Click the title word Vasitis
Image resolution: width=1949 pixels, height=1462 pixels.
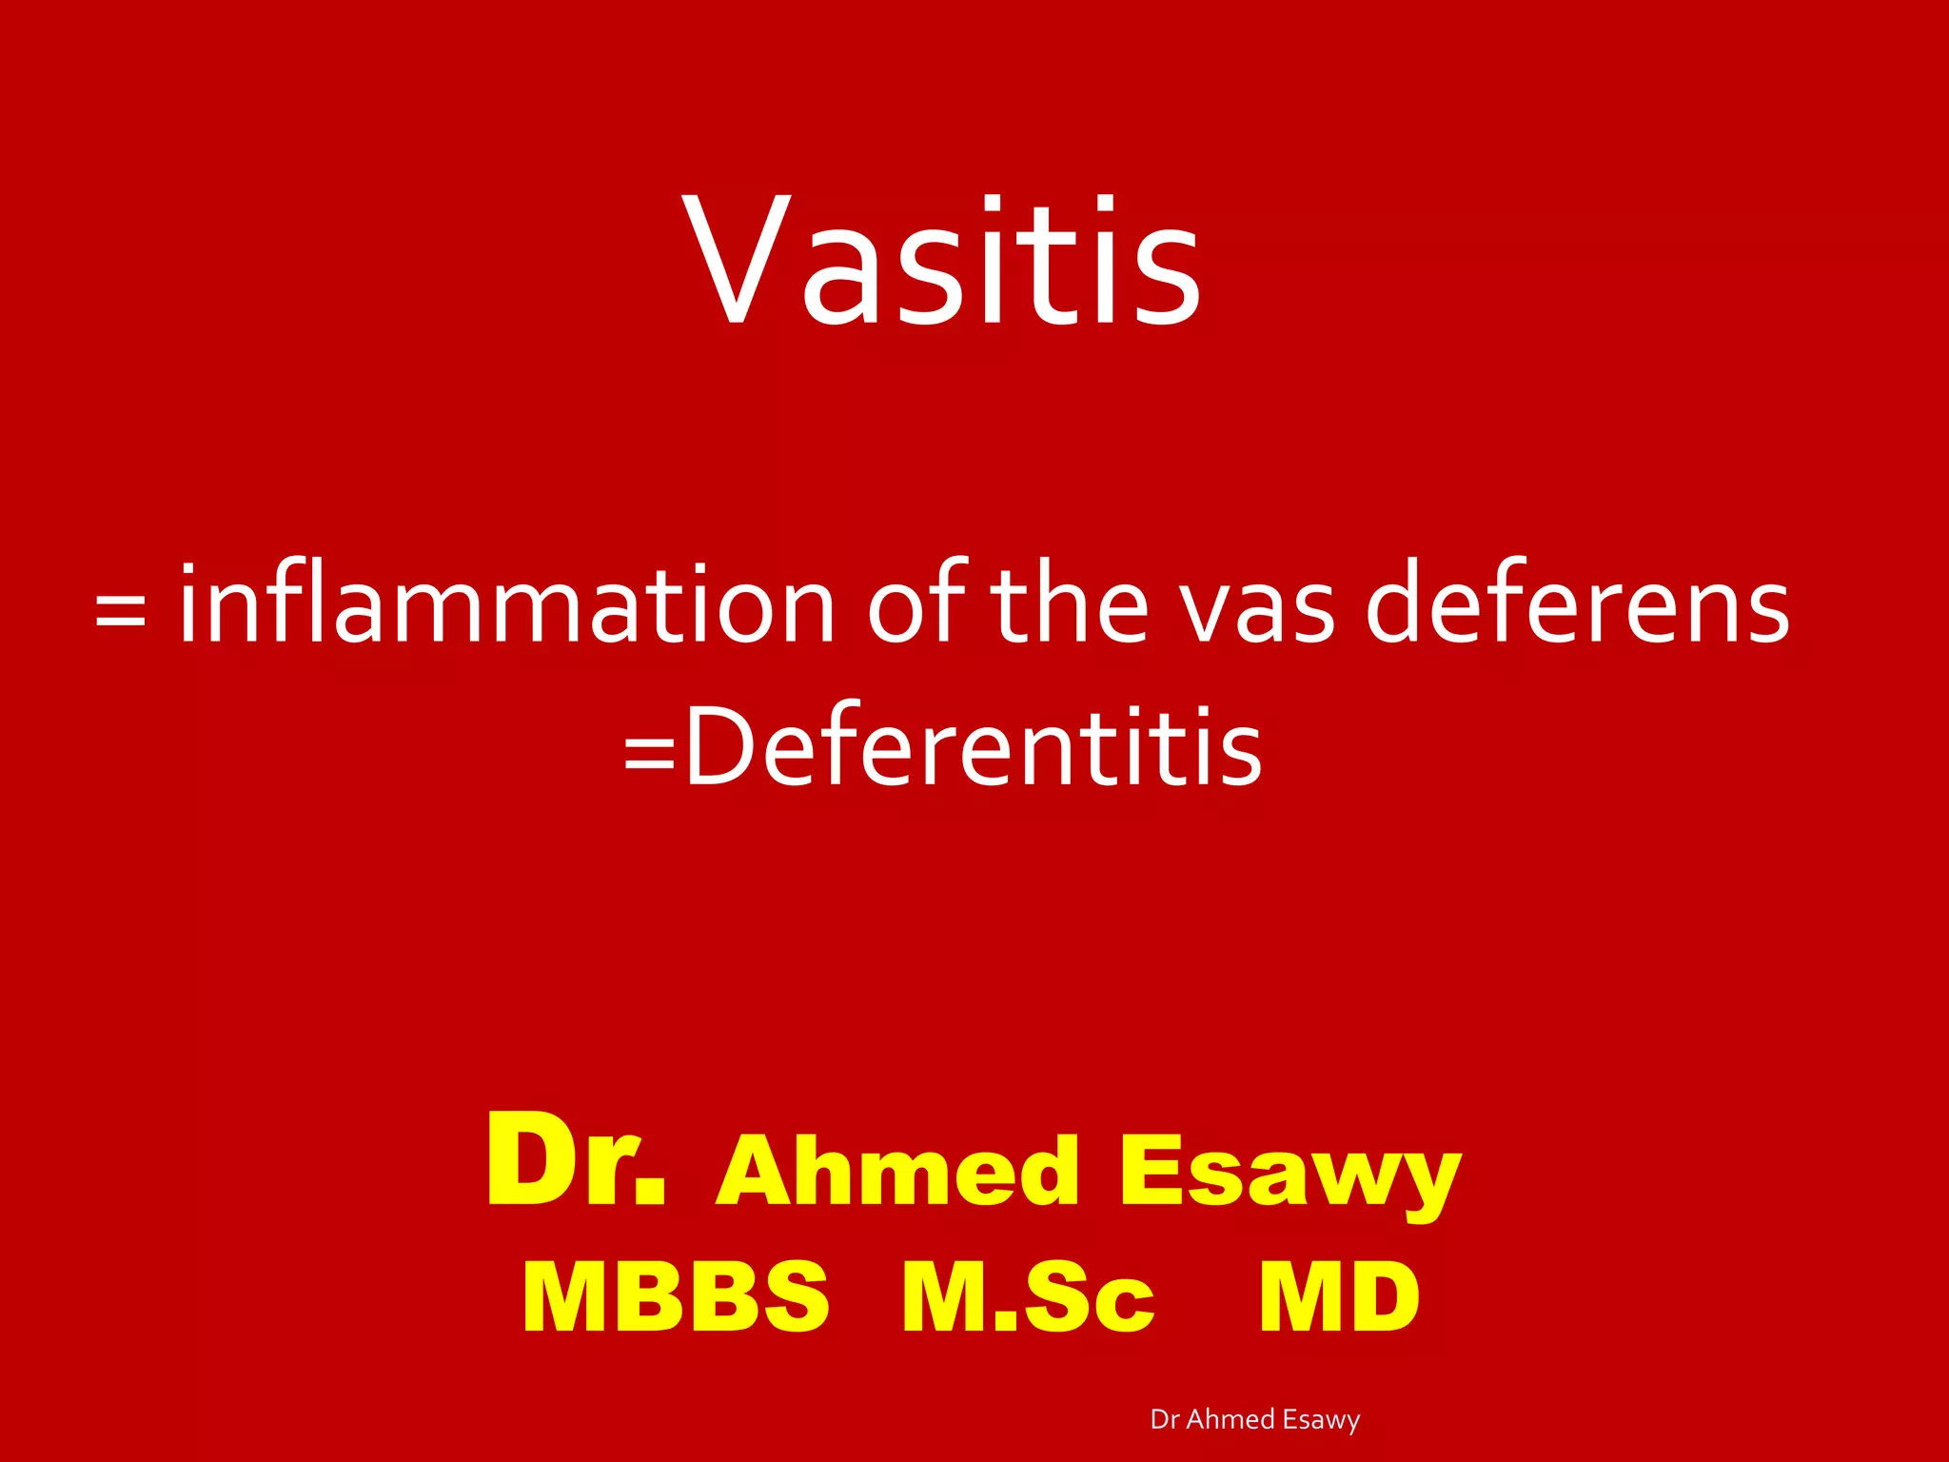point(942,262)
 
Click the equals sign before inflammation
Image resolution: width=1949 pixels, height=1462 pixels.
point(121,609)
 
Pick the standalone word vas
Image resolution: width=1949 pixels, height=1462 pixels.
point(1258,609)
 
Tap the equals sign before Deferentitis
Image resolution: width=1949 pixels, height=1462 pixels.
point(649,752)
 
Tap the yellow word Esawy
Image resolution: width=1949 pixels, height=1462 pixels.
point(1289,1173)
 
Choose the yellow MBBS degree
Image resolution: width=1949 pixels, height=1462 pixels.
point(676,1297)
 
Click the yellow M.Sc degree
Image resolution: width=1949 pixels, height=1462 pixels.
point(1028,1297)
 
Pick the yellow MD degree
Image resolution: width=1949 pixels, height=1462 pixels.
point(1339,1297)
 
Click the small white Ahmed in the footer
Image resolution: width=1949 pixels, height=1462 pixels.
point(1230,1419)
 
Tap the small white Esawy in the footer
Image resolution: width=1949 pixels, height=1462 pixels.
point(1321,1420)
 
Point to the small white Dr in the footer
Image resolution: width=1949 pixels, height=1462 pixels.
point(1164,1419)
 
